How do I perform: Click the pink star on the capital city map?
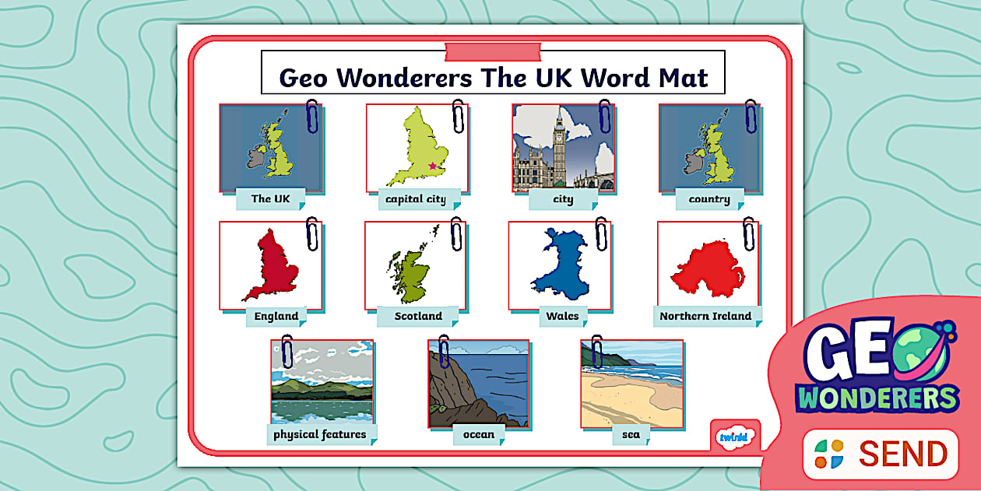coord(433,166)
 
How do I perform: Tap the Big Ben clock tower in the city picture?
coord(559,140)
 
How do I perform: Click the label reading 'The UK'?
coord(270,198)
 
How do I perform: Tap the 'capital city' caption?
coord(416,199)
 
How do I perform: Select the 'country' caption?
coord(709,199)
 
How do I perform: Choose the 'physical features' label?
coord(320,434)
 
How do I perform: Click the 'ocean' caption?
coord(479,434)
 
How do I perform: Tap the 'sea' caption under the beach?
coord(631,434)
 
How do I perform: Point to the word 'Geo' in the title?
coord(307,78)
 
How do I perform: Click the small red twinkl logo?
coord(733,437)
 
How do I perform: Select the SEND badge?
coord(881,454)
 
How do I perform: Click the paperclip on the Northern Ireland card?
coord(749,233)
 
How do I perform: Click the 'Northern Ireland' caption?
coord(705,316)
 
